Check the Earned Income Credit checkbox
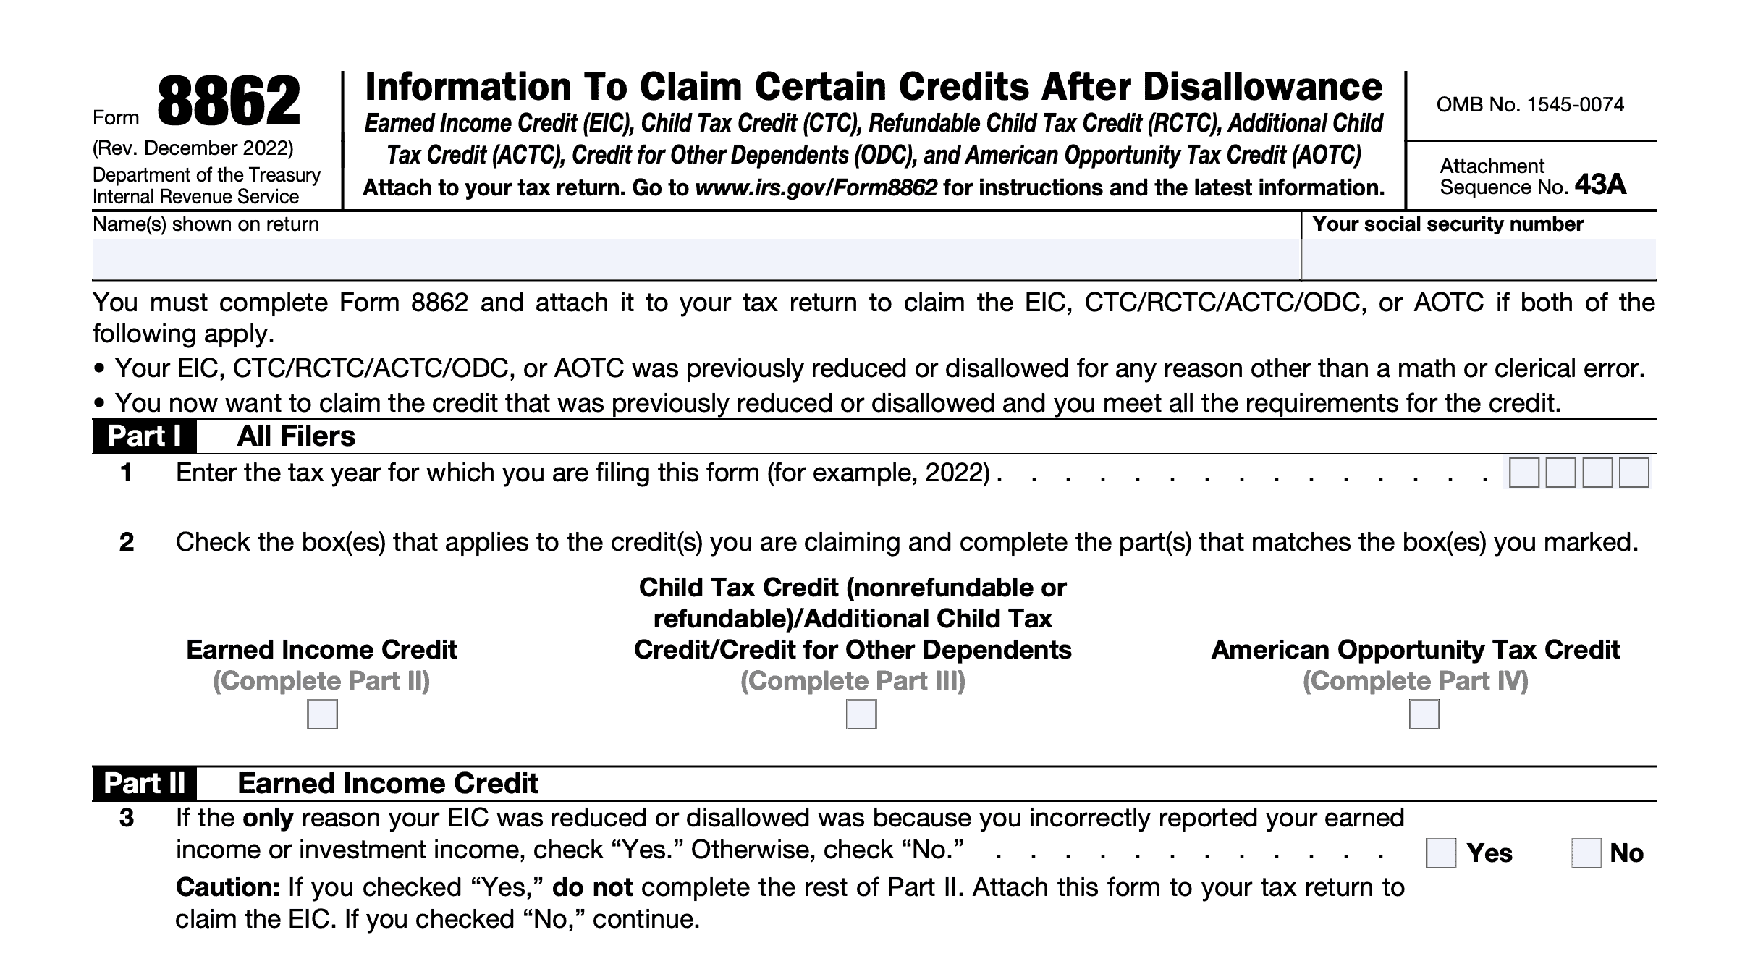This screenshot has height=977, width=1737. click(x=322, y=714)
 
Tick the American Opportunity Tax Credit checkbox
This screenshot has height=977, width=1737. click(x=1424, y=714)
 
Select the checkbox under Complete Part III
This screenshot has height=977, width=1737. click(x=861, y=714)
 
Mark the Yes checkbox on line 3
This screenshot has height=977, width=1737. click(x=1440, y=853)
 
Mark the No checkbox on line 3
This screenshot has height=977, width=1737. click(x=1586, y=853)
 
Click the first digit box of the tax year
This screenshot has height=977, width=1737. click(x=1523, y=473)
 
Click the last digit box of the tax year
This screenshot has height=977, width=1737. click(x=1634, y=473)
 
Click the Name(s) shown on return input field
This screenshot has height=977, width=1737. click(x=695, y=258)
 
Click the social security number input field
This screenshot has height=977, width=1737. click(x=1478, y=258)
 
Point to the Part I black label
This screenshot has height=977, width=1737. click(x=144, y=436)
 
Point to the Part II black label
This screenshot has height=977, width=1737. click(x=144, y=784)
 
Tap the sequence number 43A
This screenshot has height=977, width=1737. click(x=1600, y=185)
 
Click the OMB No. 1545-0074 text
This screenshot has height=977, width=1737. click(x=1530, y=105)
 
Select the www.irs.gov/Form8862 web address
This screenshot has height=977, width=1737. click(x=816, y=188)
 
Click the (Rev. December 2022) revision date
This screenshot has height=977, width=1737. click(x=193, y=148)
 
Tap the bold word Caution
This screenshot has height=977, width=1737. click(x=228, y=887)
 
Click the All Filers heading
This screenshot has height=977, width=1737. click(x=296, y=436)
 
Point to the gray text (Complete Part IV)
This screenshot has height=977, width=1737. click(x=1415, y=681)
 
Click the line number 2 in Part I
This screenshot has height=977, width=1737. click(x=127, y=542)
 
